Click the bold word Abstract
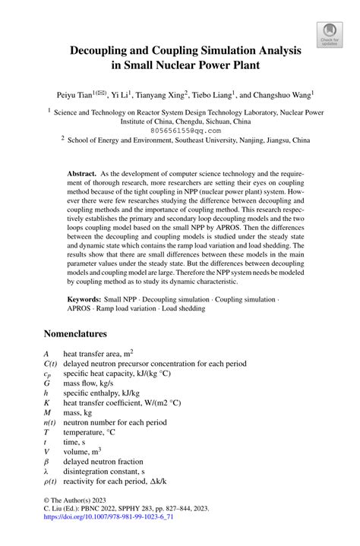[81, 174]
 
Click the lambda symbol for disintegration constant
[46, 471]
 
